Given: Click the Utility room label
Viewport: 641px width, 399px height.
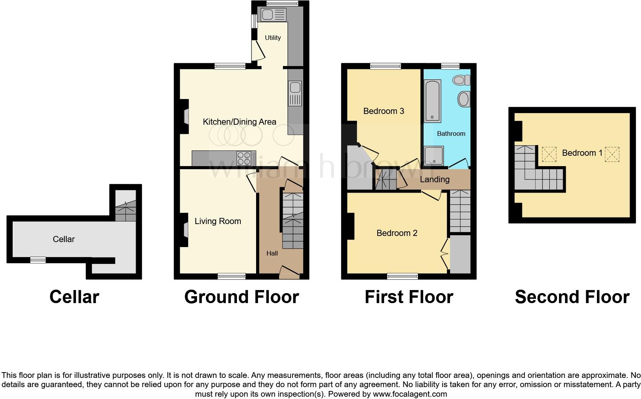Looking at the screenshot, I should (x=273, y=38).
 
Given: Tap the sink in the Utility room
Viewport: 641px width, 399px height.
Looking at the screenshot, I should (x=273, y=15).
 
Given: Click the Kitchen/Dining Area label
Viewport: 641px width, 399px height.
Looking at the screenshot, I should (x=239, y=122).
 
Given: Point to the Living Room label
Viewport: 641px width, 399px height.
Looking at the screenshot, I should (x=218, y=221).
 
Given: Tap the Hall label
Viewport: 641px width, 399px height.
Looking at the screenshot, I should (x=272, y=253).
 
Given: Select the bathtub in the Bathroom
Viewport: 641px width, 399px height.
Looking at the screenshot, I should (x=432, y=101).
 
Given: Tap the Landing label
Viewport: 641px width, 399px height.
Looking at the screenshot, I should (x=434, y=180).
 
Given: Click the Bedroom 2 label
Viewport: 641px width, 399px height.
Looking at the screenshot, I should (x=397, y=233).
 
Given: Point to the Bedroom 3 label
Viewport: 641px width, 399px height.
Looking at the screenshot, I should (x=383, y=111).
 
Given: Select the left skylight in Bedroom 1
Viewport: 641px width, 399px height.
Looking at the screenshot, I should (x=549, y=154).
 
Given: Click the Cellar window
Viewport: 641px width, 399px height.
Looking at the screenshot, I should (x=38, y=260).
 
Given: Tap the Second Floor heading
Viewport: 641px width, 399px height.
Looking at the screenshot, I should (x=572, y=297).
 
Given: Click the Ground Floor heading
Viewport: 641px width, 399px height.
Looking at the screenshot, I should (x=242, y=297).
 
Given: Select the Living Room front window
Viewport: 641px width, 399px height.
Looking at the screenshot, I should (x=232, y=276).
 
